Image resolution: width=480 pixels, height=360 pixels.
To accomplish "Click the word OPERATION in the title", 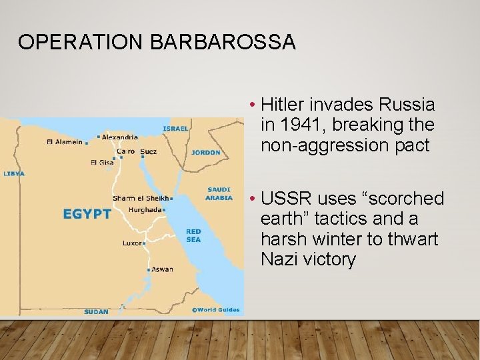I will (81, 42).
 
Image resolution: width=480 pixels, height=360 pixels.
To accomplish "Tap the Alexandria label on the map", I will (121, 137).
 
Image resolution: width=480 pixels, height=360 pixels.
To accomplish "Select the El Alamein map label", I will (65, 141).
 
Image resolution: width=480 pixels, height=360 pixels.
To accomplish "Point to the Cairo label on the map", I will (125, 151).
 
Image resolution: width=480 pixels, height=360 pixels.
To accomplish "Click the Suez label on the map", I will (149, 151).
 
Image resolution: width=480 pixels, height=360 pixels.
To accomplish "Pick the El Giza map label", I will (102, 162).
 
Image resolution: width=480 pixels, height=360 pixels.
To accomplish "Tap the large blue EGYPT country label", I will (87, 214).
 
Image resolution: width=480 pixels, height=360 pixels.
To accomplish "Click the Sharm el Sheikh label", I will (141, 199).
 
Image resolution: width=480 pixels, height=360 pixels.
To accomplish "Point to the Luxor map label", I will (131, 243).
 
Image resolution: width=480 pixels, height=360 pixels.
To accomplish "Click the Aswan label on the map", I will (162, 269).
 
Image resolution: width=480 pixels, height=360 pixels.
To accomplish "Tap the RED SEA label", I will (193, 235).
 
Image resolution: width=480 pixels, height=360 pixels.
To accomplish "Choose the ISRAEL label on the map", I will (176, 128).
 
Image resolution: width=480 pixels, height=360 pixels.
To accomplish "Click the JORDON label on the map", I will (205, 153).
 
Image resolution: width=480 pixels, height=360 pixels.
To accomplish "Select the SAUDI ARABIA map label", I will (219, 193).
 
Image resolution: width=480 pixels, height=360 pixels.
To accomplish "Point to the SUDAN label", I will (96, 311).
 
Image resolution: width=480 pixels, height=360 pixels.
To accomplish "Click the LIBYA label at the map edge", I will (13, 173).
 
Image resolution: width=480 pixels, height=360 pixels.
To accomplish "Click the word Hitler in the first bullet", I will (284, 105).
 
